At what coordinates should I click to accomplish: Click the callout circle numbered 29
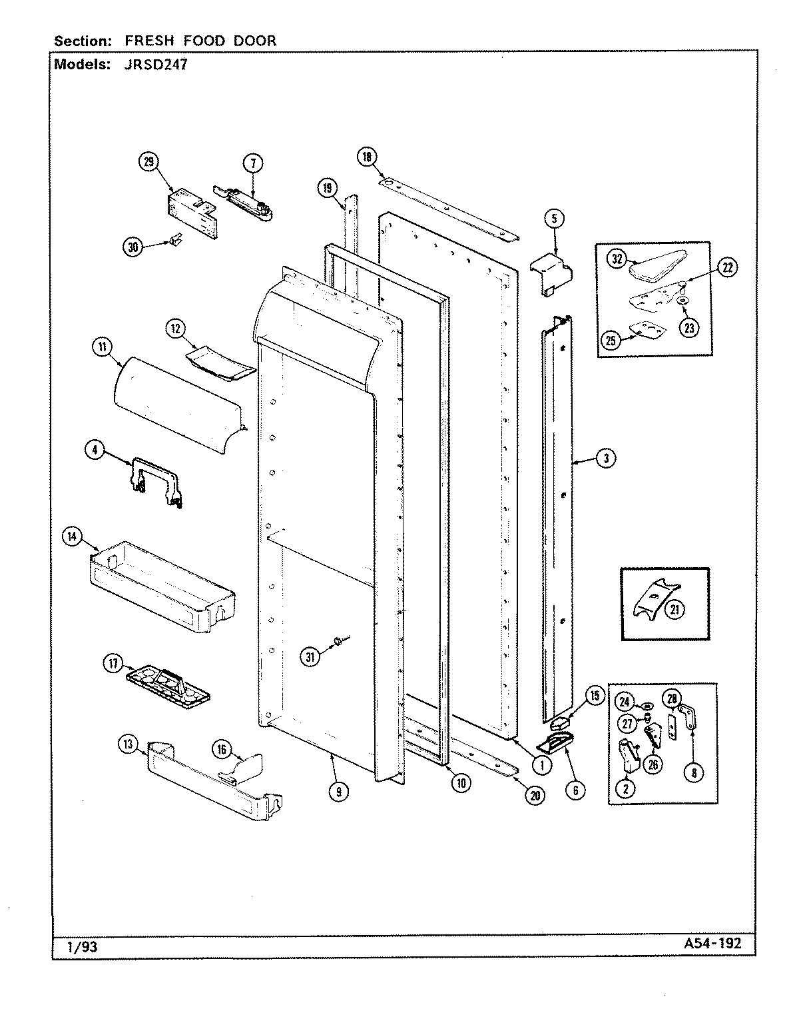(148, 161)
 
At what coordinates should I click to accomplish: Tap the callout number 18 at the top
(367, 157)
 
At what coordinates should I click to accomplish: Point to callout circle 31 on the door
(310, 656)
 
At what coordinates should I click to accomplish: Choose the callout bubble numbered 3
(605, 458)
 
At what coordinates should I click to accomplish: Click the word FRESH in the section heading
(146, 41)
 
